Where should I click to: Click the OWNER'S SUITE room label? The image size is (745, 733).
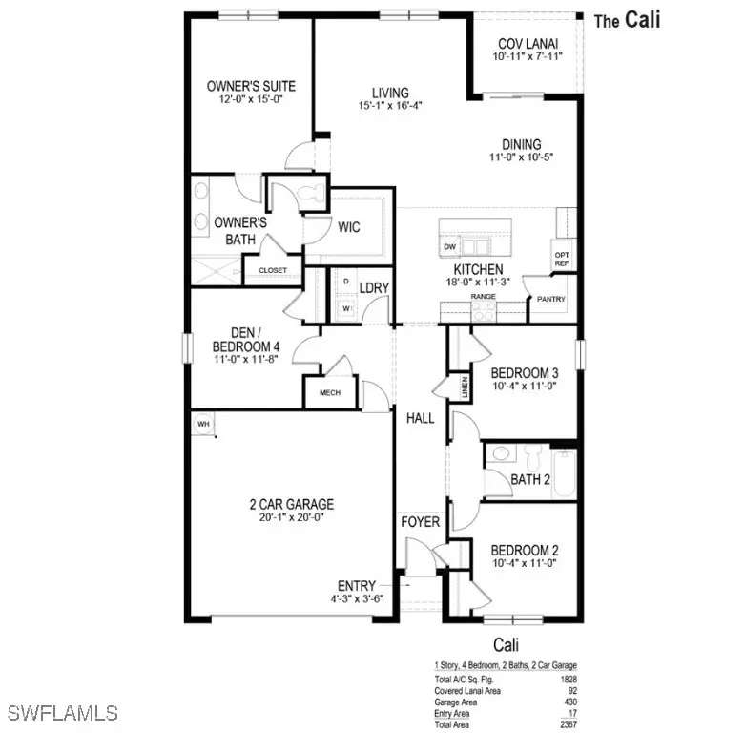(245, 86)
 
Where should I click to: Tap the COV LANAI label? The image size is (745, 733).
(528, 44)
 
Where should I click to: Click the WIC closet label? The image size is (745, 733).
(348, 228)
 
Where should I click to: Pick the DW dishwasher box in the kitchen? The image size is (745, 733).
(450, 246)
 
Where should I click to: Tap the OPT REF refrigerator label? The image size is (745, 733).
(562, 259)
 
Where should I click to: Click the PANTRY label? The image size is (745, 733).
(550, 299)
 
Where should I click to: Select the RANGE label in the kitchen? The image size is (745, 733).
(483, 297)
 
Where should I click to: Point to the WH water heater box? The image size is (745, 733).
(203, 423)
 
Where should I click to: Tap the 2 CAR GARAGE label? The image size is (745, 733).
(286, 504)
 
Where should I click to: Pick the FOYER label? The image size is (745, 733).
(420, 522)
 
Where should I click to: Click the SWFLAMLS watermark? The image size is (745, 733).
(61, 712)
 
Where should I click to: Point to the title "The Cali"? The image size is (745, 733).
(627, 19)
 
